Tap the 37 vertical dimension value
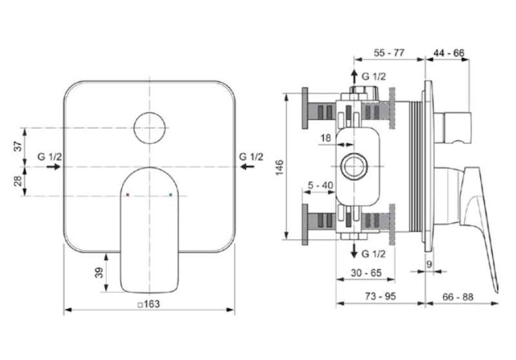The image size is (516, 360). [19, 146]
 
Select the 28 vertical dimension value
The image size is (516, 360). [19, 181]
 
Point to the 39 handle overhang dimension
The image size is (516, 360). [99, 272]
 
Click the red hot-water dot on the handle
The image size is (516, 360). [128, 195]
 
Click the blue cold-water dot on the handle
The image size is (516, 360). [170, 195]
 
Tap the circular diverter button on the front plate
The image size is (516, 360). [150, 128]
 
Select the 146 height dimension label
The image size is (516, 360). [279, 167]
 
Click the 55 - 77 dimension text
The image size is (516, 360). [389, 53]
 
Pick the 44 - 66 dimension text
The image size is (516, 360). [449, 53]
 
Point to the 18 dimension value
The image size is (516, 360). [326, 137]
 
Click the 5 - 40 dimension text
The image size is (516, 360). [320, 185]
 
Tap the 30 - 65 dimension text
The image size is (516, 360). [366, 272]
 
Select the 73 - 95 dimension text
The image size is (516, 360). [380, 296]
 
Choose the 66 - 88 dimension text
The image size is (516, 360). [458, 297]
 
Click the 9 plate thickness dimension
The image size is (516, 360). [429, 264]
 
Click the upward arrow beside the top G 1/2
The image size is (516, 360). [354, 76]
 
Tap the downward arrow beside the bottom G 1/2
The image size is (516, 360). [354, 251]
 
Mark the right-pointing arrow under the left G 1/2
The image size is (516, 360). [54, 167]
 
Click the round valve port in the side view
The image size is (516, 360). [353, 166]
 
